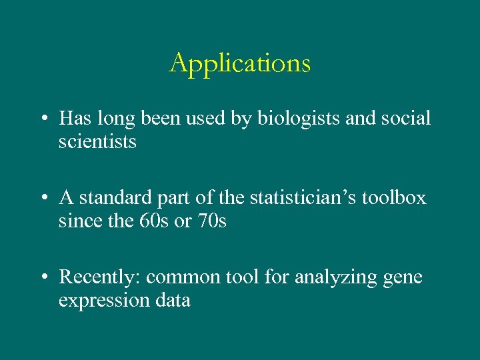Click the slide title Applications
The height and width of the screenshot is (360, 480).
click(240, 64)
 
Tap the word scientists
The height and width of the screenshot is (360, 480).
click(97, 141)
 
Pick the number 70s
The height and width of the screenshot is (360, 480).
click(211, 220)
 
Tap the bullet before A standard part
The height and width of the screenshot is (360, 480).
click(43, 199)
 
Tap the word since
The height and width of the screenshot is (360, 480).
click(79, 220)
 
